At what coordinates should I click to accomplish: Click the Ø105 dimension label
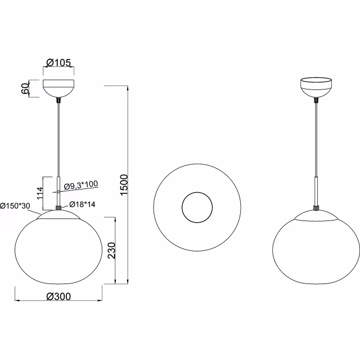(x=58, y=63)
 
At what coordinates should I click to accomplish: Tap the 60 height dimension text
(x=25, y=89)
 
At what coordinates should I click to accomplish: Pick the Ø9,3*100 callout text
(x=80, y=185)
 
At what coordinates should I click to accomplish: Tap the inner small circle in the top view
(x=196, y=207)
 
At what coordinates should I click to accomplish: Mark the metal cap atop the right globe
(x=316, y=215)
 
